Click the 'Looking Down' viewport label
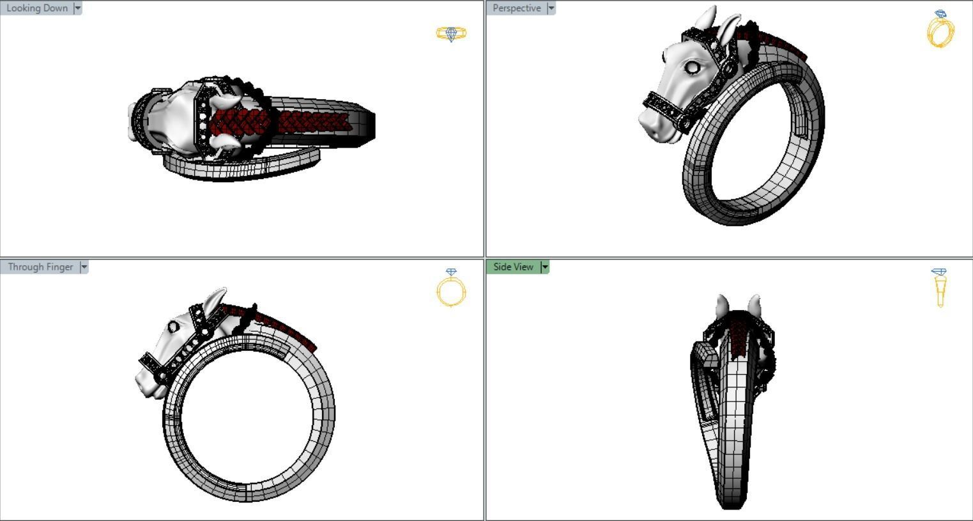pos(36,8)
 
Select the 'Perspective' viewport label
pos(516,8)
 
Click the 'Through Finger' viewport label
pos(40,267)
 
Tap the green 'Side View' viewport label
pos(513,267)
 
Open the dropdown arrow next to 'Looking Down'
pos(78,8)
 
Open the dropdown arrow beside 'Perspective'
pos(551,8)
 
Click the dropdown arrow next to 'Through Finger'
pos(84,267)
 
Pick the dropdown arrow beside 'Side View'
pos(545,267)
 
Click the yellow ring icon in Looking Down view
pos(451,33)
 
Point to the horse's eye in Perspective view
pos(693,66)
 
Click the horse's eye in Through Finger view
pos(173,327)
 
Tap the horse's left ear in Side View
pos(723,305)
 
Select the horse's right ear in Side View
pos(755,304)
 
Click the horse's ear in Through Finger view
pos(215,300)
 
